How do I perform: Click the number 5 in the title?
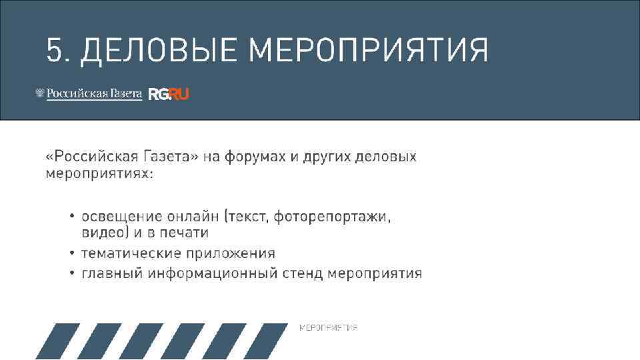point(54,51)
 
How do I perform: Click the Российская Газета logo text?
point(94,94)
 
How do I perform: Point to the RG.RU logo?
point(169,94)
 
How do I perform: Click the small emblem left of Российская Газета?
point(39,94)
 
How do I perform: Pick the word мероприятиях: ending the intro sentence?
point(99,174)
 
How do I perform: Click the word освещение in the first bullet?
point(122,217)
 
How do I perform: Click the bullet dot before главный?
point(72,274)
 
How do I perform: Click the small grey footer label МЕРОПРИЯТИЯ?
point(328,327)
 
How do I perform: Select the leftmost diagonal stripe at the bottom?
point(57,341)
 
